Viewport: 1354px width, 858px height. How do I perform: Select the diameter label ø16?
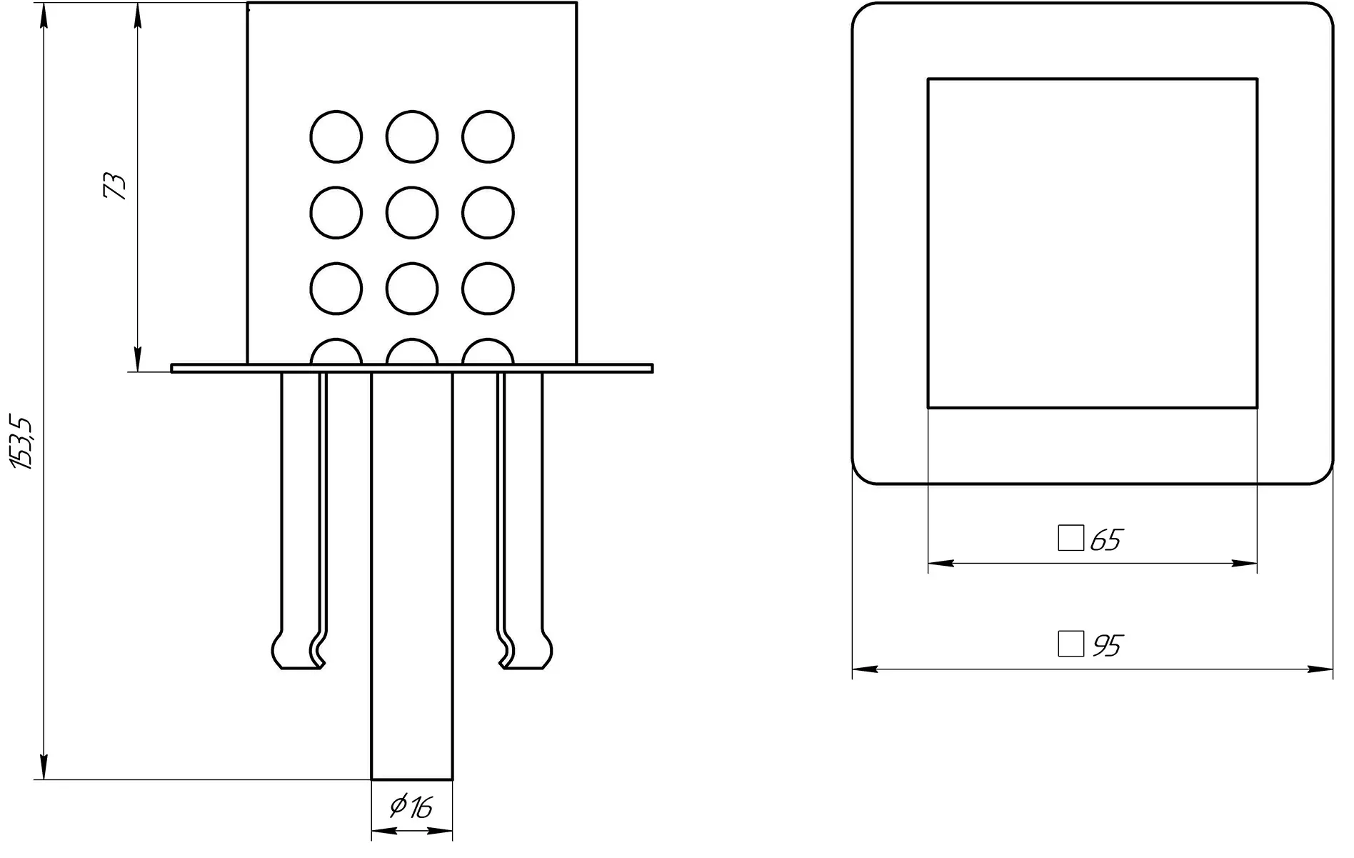coord(412,807)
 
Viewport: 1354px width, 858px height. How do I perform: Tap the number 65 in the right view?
coord(1107,540)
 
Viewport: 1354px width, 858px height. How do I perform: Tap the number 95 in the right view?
coord(1108,645)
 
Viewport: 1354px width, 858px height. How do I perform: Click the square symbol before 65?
coord(1070,538)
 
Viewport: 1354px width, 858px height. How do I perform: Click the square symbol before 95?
coord(1070,644)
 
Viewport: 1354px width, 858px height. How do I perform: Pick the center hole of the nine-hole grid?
coord(412,213)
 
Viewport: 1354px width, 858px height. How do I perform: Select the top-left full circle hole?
coord(336,136)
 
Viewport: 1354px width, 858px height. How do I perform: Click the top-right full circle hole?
coord(488,136)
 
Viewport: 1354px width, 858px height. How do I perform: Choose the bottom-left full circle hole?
coord(336,289)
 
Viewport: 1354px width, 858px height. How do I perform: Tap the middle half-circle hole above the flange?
coord(412,353)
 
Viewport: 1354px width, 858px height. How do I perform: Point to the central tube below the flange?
coord(412,572)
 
